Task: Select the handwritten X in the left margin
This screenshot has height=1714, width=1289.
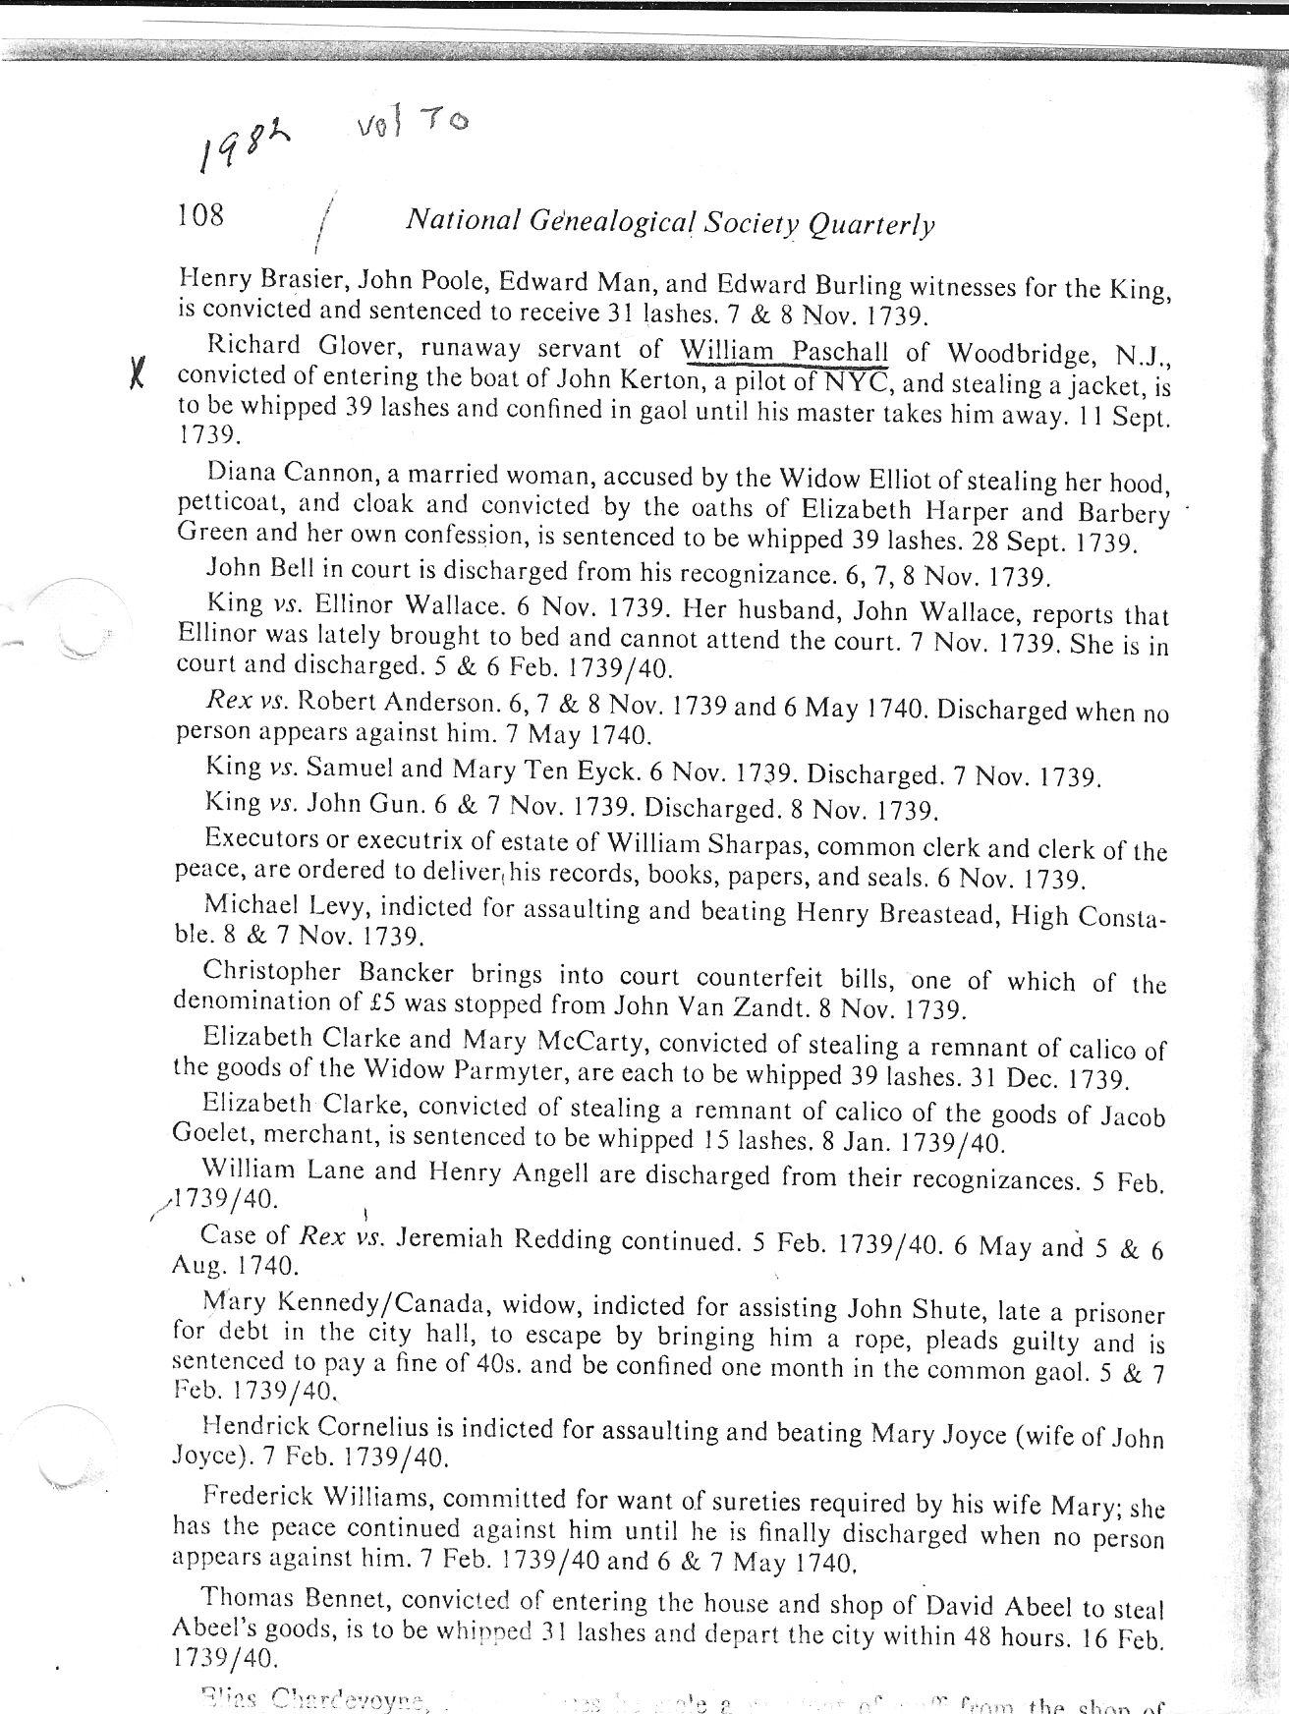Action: coord(139,375)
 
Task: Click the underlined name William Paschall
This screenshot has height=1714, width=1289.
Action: coord(784,351)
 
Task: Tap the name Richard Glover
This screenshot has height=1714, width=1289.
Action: coord(272,347)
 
